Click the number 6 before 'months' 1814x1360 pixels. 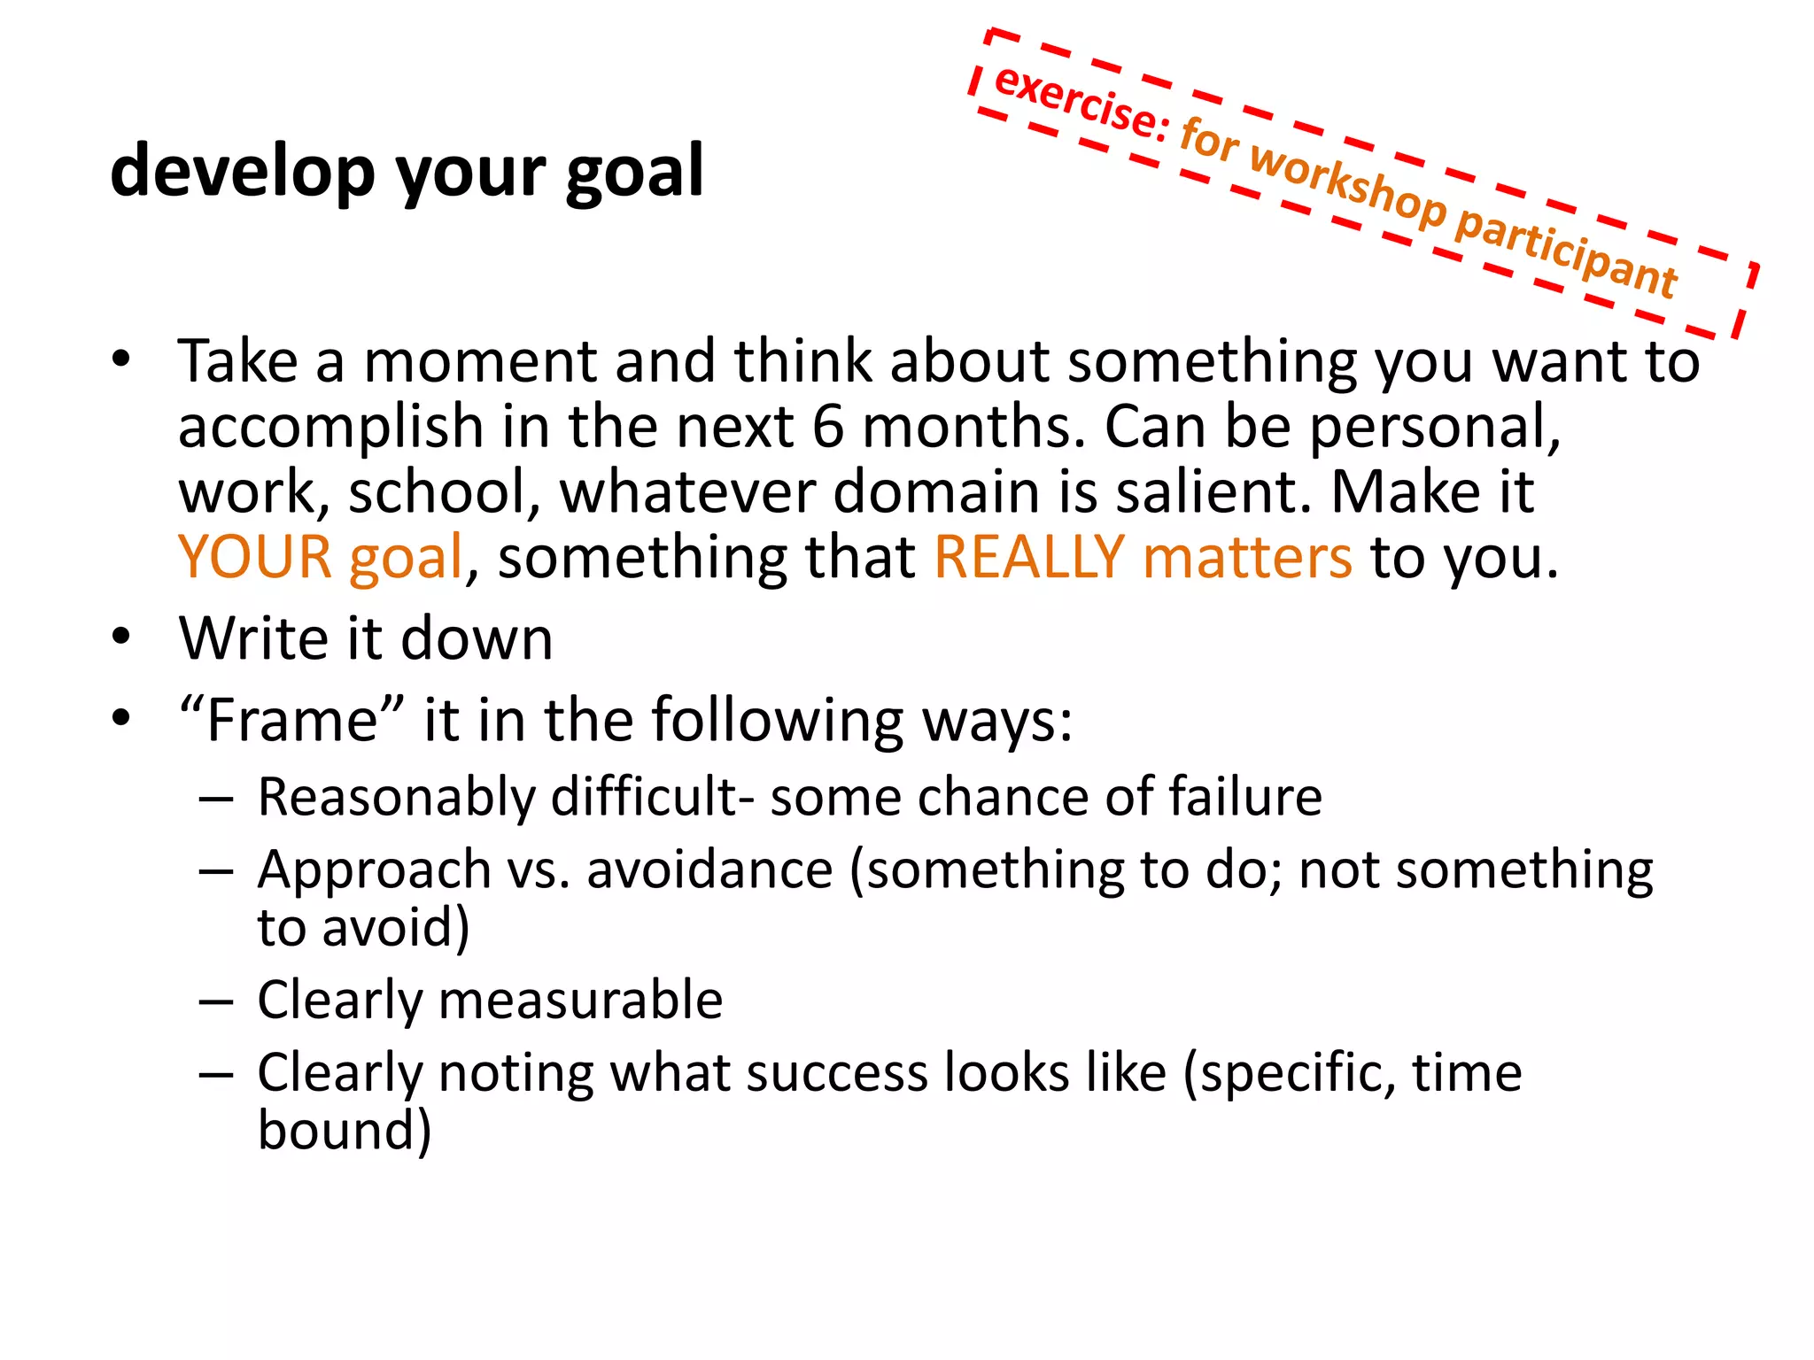[x=828, y=427]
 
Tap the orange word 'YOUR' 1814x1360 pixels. [x=255, y=557]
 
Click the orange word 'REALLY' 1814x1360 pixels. [x=1029, y=557]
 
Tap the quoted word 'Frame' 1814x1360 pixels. [x=292, y=719]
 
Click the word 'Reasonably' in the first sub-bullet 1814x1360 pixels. [x=396, y=797]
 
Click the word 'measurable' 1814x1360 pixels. [x=580, y=1001]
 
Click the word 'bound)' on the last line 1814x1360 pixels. [x=345, y=1131]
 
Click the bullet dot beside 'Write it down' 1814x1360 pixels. [x=121, y=637]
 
